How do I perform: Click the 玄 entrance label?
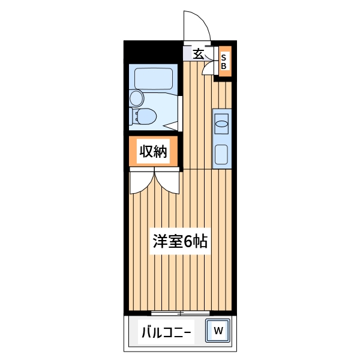(198, 53)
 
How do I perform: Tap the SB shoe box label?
(223, 62)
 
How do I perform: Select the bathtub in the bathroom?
(154, 79)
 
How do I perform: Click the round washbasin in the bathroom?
(137, 98)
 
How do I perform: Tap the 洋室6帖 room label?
(179, 242)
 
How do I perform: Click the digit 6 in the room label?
(188, 242)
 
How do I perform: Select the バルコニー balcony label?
(166, 332)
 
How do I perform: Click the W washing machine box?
(218, 330)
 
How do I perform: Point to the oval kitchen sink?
(221, 124)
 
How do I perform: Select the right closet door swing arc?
(168, 182)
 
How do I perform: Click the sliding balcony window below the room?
(181, 313)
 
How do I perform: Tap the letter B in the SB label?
(223, 66)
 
